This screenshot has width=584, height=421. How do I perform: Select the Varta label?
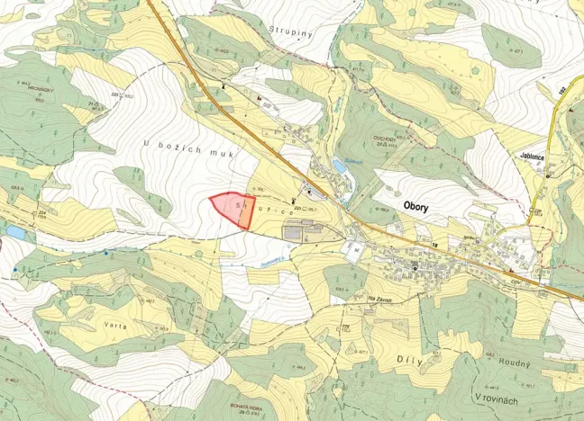(x=114, y=325)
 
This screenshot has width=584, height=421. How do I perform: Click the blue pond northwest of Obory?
(x=340, y=166)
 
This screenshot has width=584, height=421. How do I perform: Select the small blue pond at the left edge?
(x=15, y=233)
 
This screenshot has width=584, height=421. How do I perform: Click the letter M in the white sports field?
(x=356, y=249)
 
